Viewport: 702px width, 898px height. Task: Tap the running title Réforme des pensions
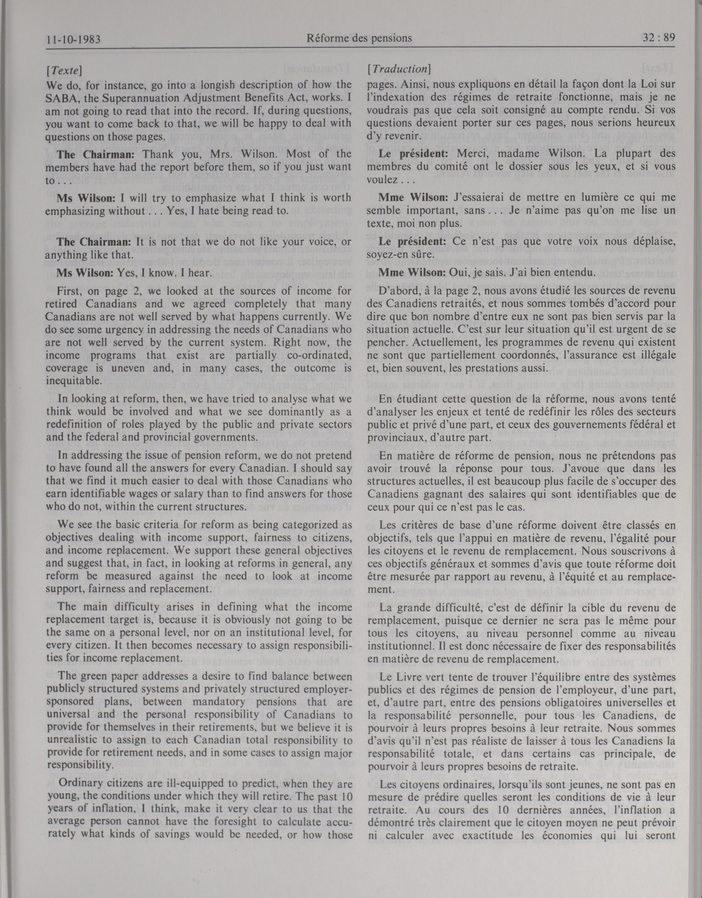[x=359, y=38]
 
